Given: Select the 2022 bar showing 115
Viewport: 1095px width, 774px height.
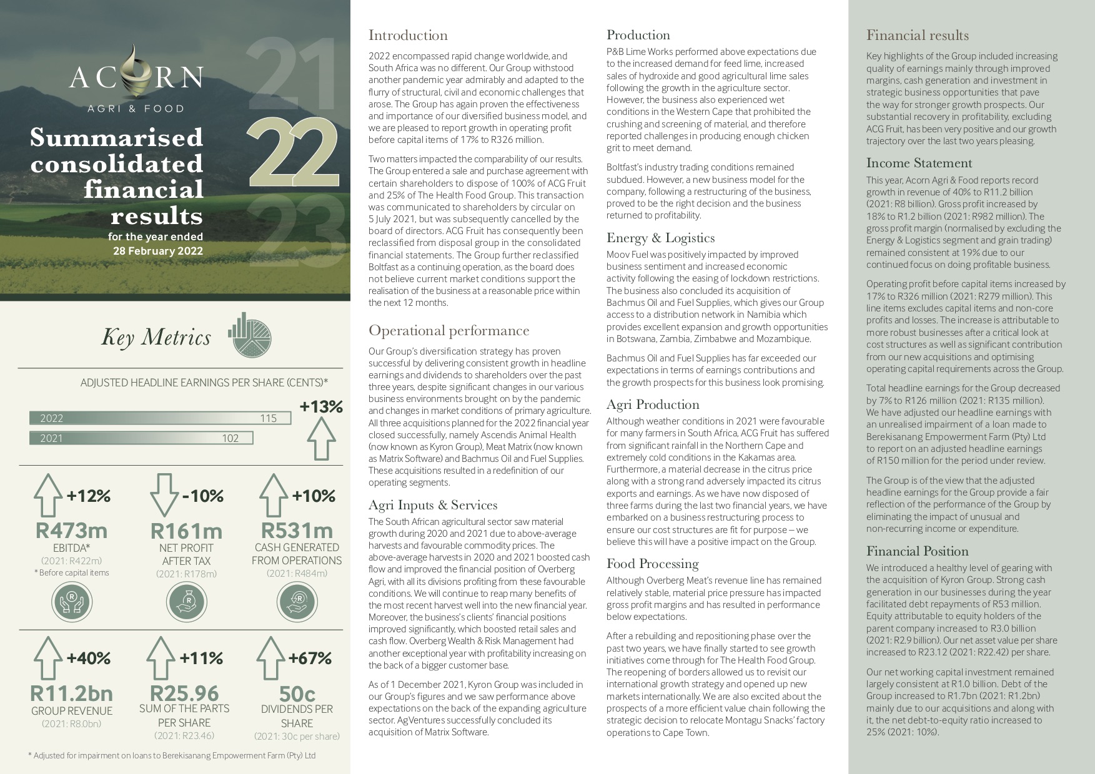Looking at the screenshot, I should [160, 418].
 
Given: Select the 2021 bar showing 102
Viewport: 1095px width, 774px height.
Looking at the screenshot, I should [141, 438].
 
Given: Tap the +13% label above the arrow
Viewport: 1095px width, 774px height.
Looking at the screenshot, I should [321, 407].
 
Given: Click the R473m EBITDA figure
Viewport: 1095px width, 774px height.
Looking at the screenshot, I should [71, 531].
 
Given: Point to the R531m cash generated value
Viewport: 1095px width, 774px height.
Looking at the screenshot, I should [297, 531].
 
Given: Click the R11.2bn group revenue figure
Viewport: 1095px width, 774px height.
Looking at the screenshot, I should [71, 693].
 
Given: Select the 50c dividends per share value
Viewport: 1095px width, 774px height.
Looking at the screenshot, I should [297, 693].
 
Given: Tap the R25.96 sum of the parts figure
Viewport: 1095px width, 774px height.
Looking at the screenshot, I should [184, 693].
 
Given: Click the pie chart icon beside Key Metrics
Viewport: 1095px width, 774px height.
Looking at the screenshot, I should [250, 335].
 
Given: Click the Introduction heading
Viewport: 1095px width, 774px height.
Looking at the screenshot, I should [408, 36].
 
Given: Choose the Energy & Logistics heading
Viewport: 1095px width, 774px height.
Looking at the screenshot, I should [660, 238].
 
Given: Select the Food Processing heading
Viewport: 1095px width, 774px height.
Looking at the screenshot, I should [652, 564].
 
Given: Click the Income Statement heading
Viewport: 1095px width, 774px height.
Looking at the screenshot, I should [919, 163].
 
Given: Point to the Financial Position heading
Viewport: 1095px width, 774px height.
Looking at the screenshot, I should [917, 551].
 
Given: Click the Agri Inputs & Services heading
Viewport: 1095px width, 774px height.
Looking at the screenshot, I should [432, 505].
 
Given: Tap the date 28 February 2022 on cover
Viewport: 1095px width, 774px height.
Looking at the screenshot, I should [157, 251].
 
